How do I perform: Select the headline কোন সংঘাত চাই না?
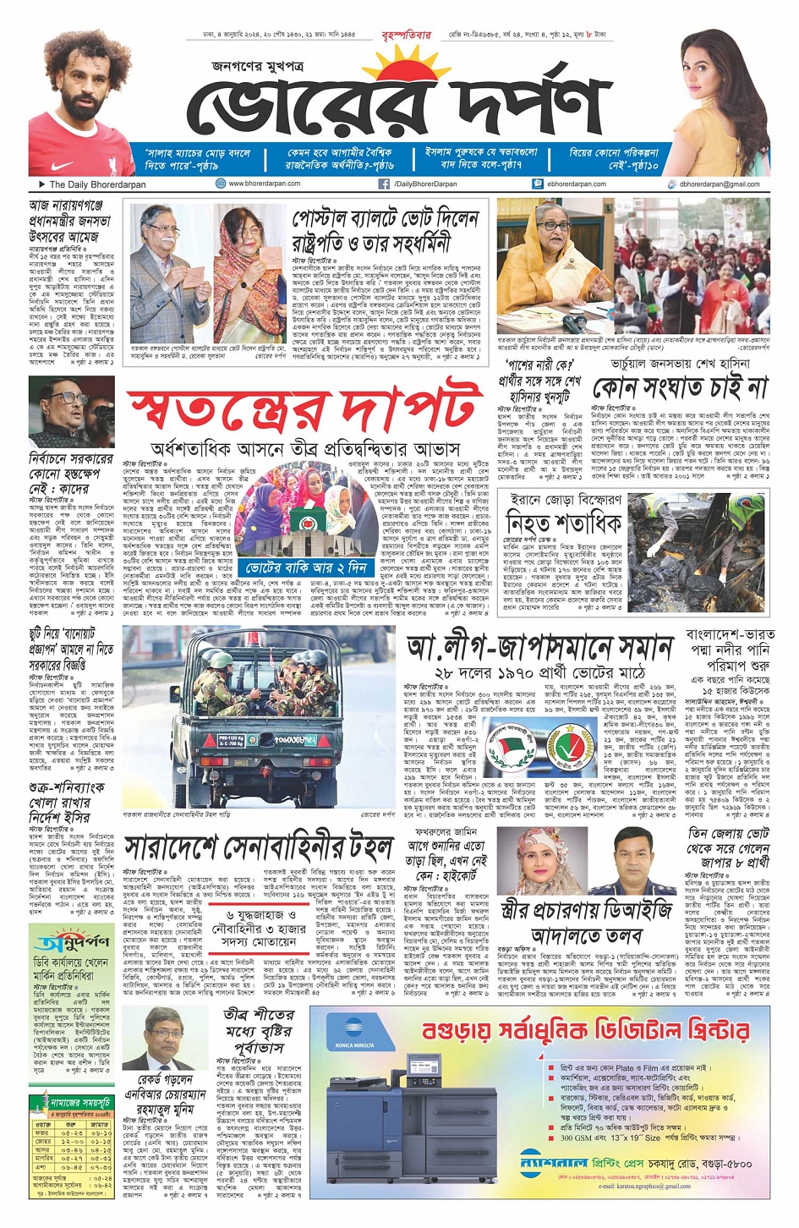point(680,388)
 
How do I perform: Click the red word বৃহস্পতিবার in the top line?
point(407,36)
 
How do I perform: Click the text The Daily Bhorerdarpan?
point(97,184)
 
